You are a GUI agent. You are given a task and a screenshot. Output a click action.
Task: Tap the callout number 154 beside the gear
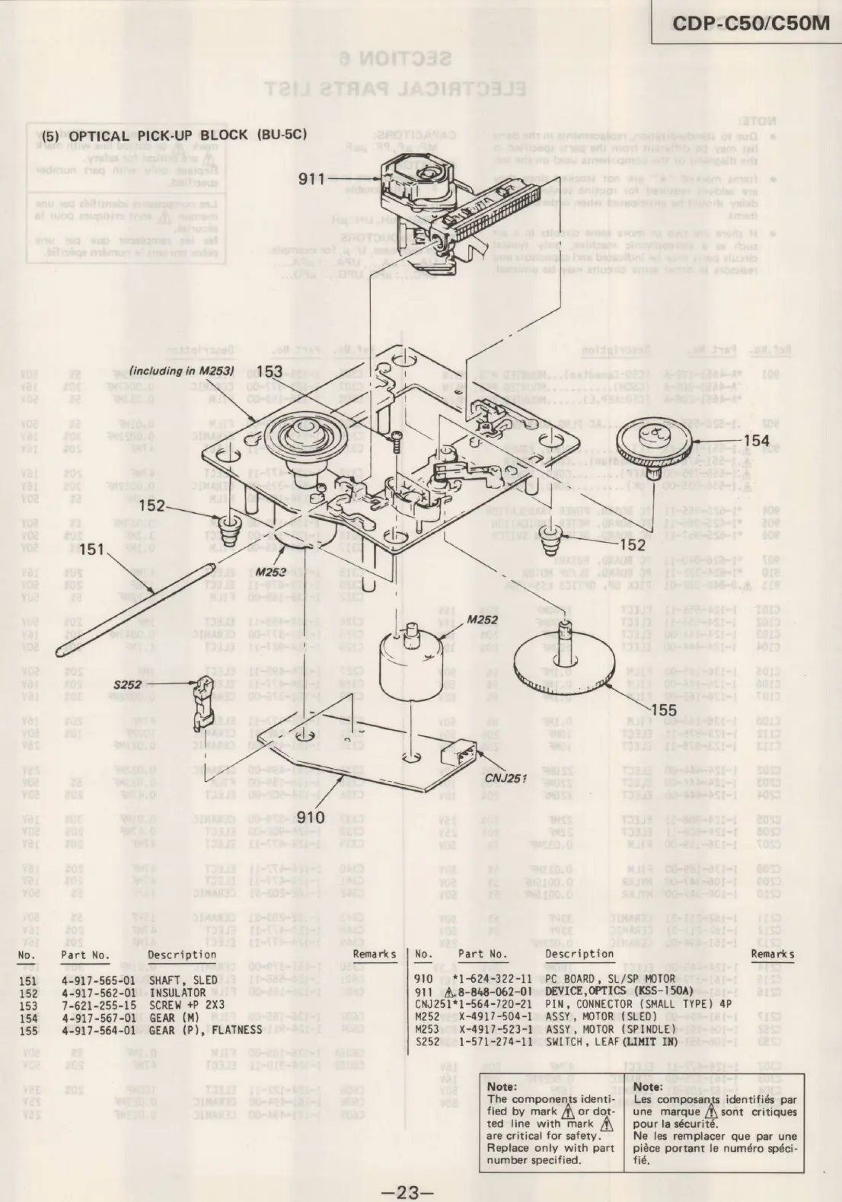pyautogui.click(x=756, y=442)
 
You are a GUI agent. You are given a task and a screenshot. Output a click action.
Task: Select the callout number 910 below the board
pyautogui.click(x=311, y=818)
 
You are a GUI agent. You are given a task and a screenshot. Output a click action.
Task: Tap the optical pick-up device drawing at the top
pyautogui.click(x=430, y=198)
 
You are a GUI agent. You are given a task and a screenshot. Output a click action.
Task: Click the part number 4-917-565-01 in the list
pyautogui.click(x=98, y=980)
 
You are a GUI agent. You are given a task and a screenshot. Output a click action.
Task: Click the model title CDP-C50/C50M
pyautogui.click(x=750, y=24)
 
